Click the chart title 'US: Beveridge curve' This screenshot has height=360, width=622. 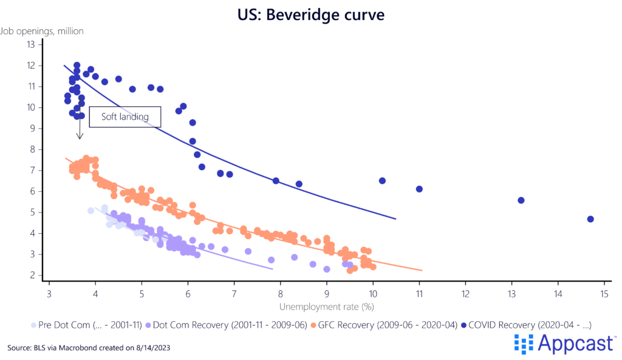310,14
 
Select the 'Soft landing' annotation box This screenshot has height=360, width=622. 125,117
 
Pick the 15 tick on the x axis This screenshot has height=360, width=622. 604,294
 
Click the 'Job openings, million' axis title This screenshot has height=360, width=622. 42,30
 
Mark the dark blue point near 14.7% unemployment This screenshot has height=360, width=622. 590,219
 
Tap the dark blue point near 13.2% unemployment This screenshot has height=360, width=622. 521,200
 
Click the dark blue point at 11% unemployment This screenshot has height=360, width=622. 419,189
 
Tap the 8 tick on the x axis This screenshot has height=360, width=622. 281,294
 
